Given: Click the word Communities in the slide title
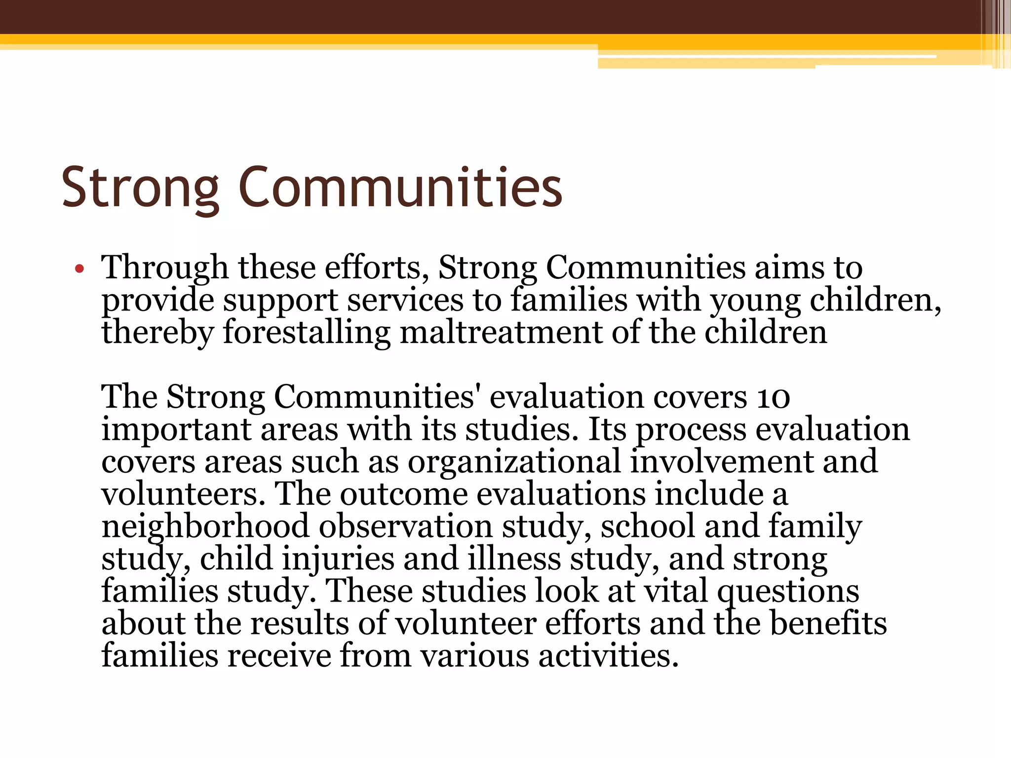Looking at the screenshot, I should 400,188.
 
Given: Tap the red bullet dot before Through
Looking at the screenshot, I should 79,269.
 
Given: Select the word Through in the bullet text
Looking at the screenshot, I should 164,268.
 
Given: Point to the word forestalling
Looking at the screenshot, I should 307,333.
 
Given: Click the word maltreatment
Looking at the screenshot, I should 501,332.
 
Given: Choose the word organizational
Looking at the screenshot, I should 514,462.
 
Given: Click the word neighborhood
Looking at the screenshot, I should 205,527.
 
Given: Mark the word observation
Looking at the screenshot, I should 406,527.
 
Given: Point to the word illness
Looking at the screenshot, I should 514,559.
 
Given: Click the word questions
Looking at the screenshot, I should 788,592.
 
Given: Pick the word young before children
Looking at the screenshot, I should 755,301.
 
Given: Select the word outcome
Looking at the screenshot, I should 404,494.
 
